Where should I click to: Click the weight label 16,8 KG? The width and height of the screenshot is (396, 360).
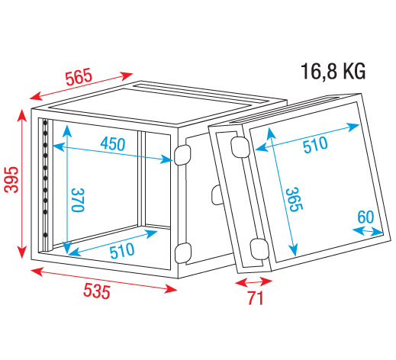tap(333, 72)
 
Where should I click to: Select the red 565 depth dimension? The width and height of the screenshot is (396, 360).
tap(79, 77)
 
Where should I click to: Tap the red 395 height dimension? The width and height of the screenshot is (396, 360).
tap(11, 179)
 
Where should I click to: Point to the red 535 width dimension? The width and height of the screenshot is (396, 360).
tap(97, 291)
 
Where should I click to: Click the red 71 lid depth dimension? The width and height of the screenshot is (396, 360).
tap(256, 297)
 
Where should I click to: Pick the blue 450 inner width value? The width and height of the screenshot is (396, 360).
tap(113, 144)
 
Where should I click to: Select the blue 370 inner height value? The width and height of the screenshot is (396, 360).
tap(78, 200)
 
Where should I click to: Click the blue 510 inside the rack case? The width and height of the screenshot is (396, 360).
tap(122, 250)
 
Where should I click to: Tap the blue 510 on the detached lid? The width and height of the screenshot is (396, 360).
tap(315, 144)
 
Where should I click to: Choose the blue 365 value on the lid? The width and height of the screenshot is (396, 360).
tap(295, 200)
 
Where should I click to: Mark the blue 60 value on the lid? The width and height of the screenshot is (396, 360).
tap(365, 217)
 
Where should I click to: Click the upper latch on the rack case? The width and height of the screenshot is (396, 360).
tap(182, 155)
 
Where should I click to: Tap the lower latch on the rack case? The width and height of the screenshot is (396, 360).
tap(182, 252)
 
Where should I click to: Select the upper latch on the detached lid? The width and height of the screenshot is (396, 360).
tap(240, 147)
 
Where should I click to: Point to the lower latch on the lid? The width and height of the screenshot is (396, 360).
tap(259, 249)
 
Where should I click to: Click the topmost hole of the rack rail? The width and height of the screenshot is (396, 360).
tap(45, 123)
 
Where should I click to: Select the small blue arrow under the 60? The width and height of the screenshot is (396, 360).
tap(368, 231)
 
